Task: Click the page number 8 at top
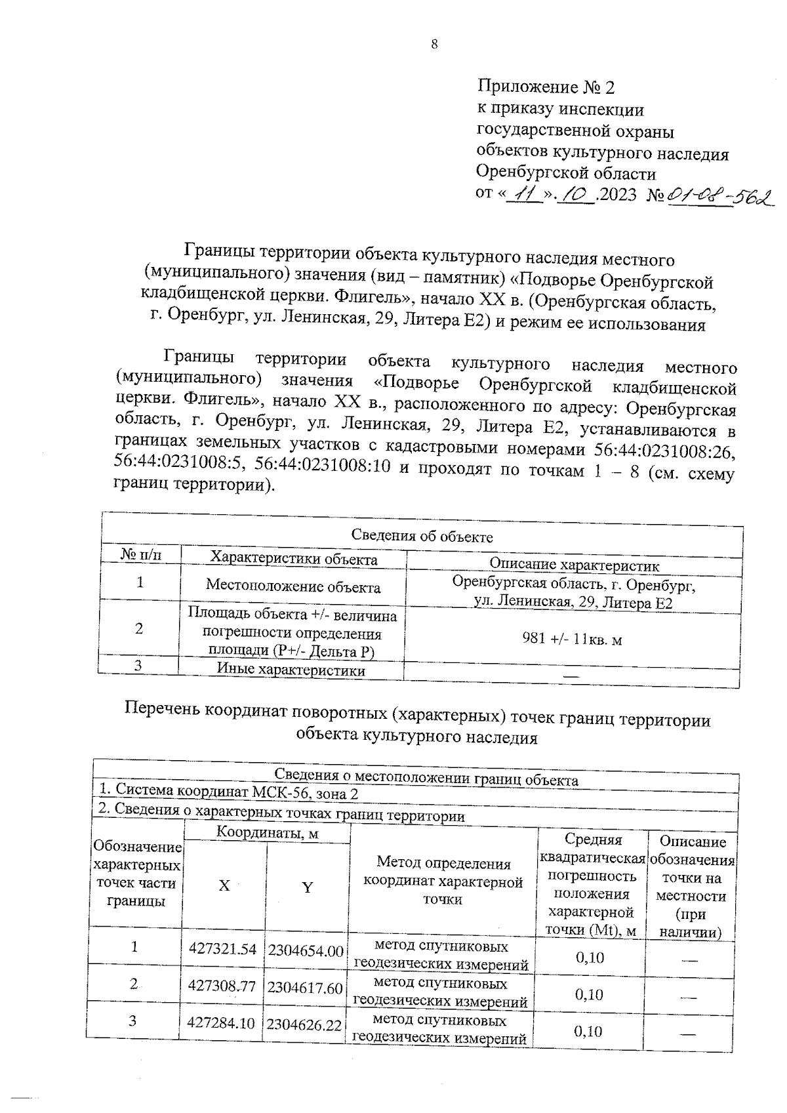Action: tap(434, 45)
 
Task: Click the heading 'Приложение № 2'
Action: tap(546, 87)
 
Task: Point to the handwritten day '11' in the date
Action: tap(525, 195)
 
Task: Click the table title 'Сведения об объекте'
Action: tap(422, 536)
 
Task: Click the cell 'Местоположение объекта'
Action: tap(293, 585)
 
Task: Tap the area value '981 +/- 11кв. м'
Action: tap(572, 639)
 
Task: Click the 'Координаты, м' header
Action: tap(267, 833)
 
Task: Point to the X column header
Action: tap(224, 885)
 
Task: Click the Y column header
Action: tap(307, 887)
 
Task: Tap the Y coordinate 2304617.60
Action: tap(305, 988)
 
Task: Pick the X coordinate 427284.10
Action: tap(221, 1022)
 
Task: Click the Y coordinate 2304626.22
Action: tap(304, 1025)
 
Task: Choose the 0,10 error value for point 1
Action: tap(590, 958)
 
